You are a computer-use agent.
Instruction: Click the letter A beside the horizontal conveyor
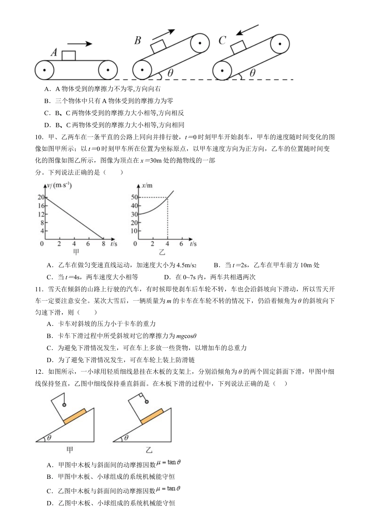[55, 53]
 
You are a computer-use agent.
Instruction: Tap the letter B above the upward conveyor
[137, 40]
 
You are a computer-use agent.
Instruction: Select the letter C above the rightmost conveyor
[222, 40]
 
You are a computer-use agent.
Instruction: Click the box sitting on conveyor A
[69, 56]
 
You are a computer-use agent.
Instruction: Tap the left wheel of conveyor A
[44, 70]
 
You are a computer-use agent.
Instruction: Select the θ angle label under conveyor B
[170, 73]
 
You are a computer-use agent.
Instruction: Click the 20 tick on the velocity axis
[41, 198]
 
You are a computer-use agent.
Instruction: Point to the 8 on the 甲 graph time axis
[103, 244]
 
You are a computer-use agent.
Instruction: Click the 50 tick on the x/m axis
[134, 198]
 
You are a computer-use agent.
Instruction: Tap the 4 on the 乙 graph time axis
[167, 244]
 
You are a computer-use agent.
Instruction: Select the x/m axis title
[147, 186]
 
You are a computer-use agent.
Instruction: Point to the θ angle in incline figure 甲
[49, 438]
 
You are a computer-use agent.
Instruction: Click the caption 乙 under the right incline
[149, 450]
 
